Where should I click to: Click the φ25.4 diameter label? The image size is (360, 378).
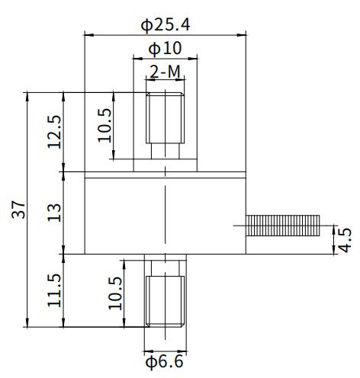pyautogui.click(x=166, y=24)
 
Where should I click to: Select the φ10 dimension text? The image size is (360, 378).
pyautogui.click(x=165, y=48)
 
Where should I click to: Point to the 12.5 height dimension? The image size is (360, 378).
pyautogui.click(x=54, y=132)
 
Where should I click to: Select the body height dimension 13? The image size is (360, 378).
pyautogui.click(x=54, y=212)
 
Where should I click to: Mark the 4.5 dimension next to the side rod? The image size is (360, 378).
pyautogui.click(x=345, y=239)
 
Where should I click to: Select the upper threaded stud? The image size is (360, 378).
pyautogui.click(x=165, y=117)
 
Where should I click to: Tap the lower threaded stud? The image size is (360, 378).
pyautogui.click(x=165, y=300)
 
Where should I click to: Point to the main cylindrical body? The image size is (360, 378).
pyautogui.click(x=165, y=213)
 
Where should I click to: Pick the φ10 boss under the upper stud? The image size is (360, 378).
pyautogui.click(x=165, y=165)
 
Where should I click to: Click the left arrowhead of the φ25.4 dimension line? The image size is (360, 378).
pyautogui.click(x=87, y=34)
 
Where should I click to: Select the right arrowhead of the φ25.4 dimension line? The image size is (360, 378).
pyautogui.click(x=244, y=34)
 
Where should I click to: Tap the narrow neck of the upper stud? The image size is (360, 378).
pyautogui.click(x=165, y=151)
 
